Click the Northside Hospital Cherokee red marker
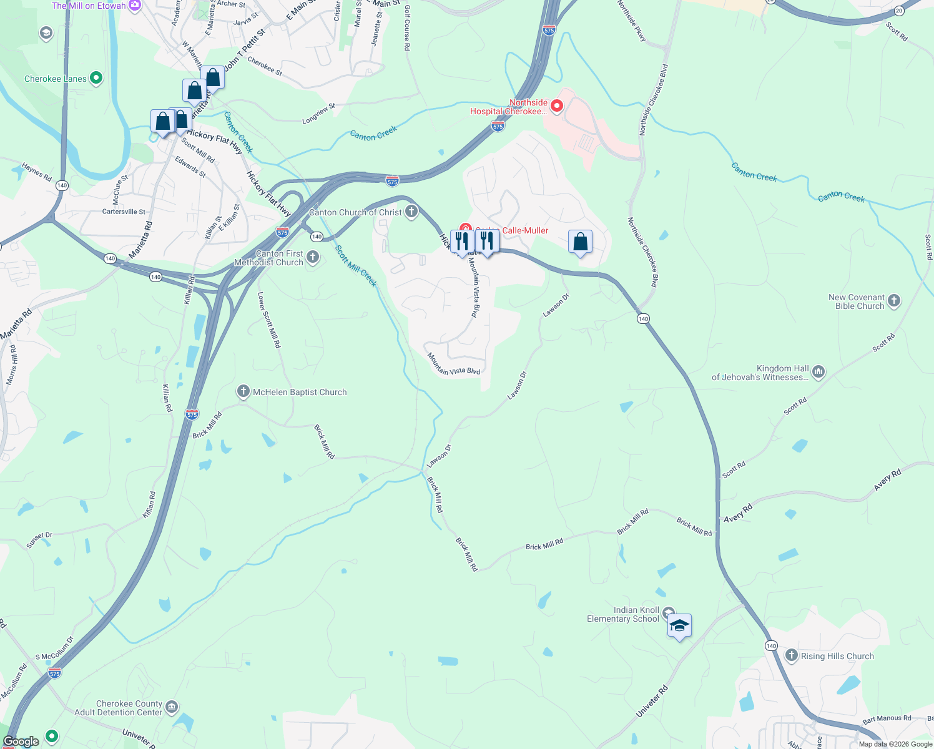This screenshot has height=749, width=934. tap(556, 106)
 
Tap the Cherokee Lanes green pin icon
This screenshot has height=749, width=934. tap(96, 78)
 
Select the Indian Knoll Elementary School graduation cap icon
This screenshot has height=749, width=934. tap(679, 625)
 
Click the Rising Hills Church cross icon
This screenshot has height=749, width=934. tap(792, 655)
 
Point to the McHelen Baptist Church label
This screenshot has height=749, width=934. tap(299, 393)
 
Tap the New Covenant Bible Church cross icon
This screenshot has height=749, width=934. tap(894, 301)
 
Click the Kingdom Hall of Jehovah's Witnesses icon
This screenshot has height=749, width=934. tap(818, 373)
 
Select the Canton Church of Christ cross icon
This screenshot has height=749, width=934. tap(411, 212)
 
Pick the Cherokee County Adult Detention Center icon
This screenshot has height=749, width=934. tap(172, 707)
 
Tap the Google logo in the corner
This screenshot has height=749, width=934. tap(21, 742)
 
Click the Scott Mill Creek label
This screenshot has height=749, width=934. tap(356, 266)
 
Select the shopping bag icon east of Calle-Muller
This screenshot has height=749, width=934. tap(580, 242)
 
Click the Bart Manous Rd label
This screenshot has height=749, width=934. tap(887, 719)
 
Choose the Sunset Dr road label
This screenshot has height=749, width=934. tap(39, 540)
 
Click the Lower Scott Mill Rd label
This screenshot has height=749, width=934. tap(269, 320)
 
